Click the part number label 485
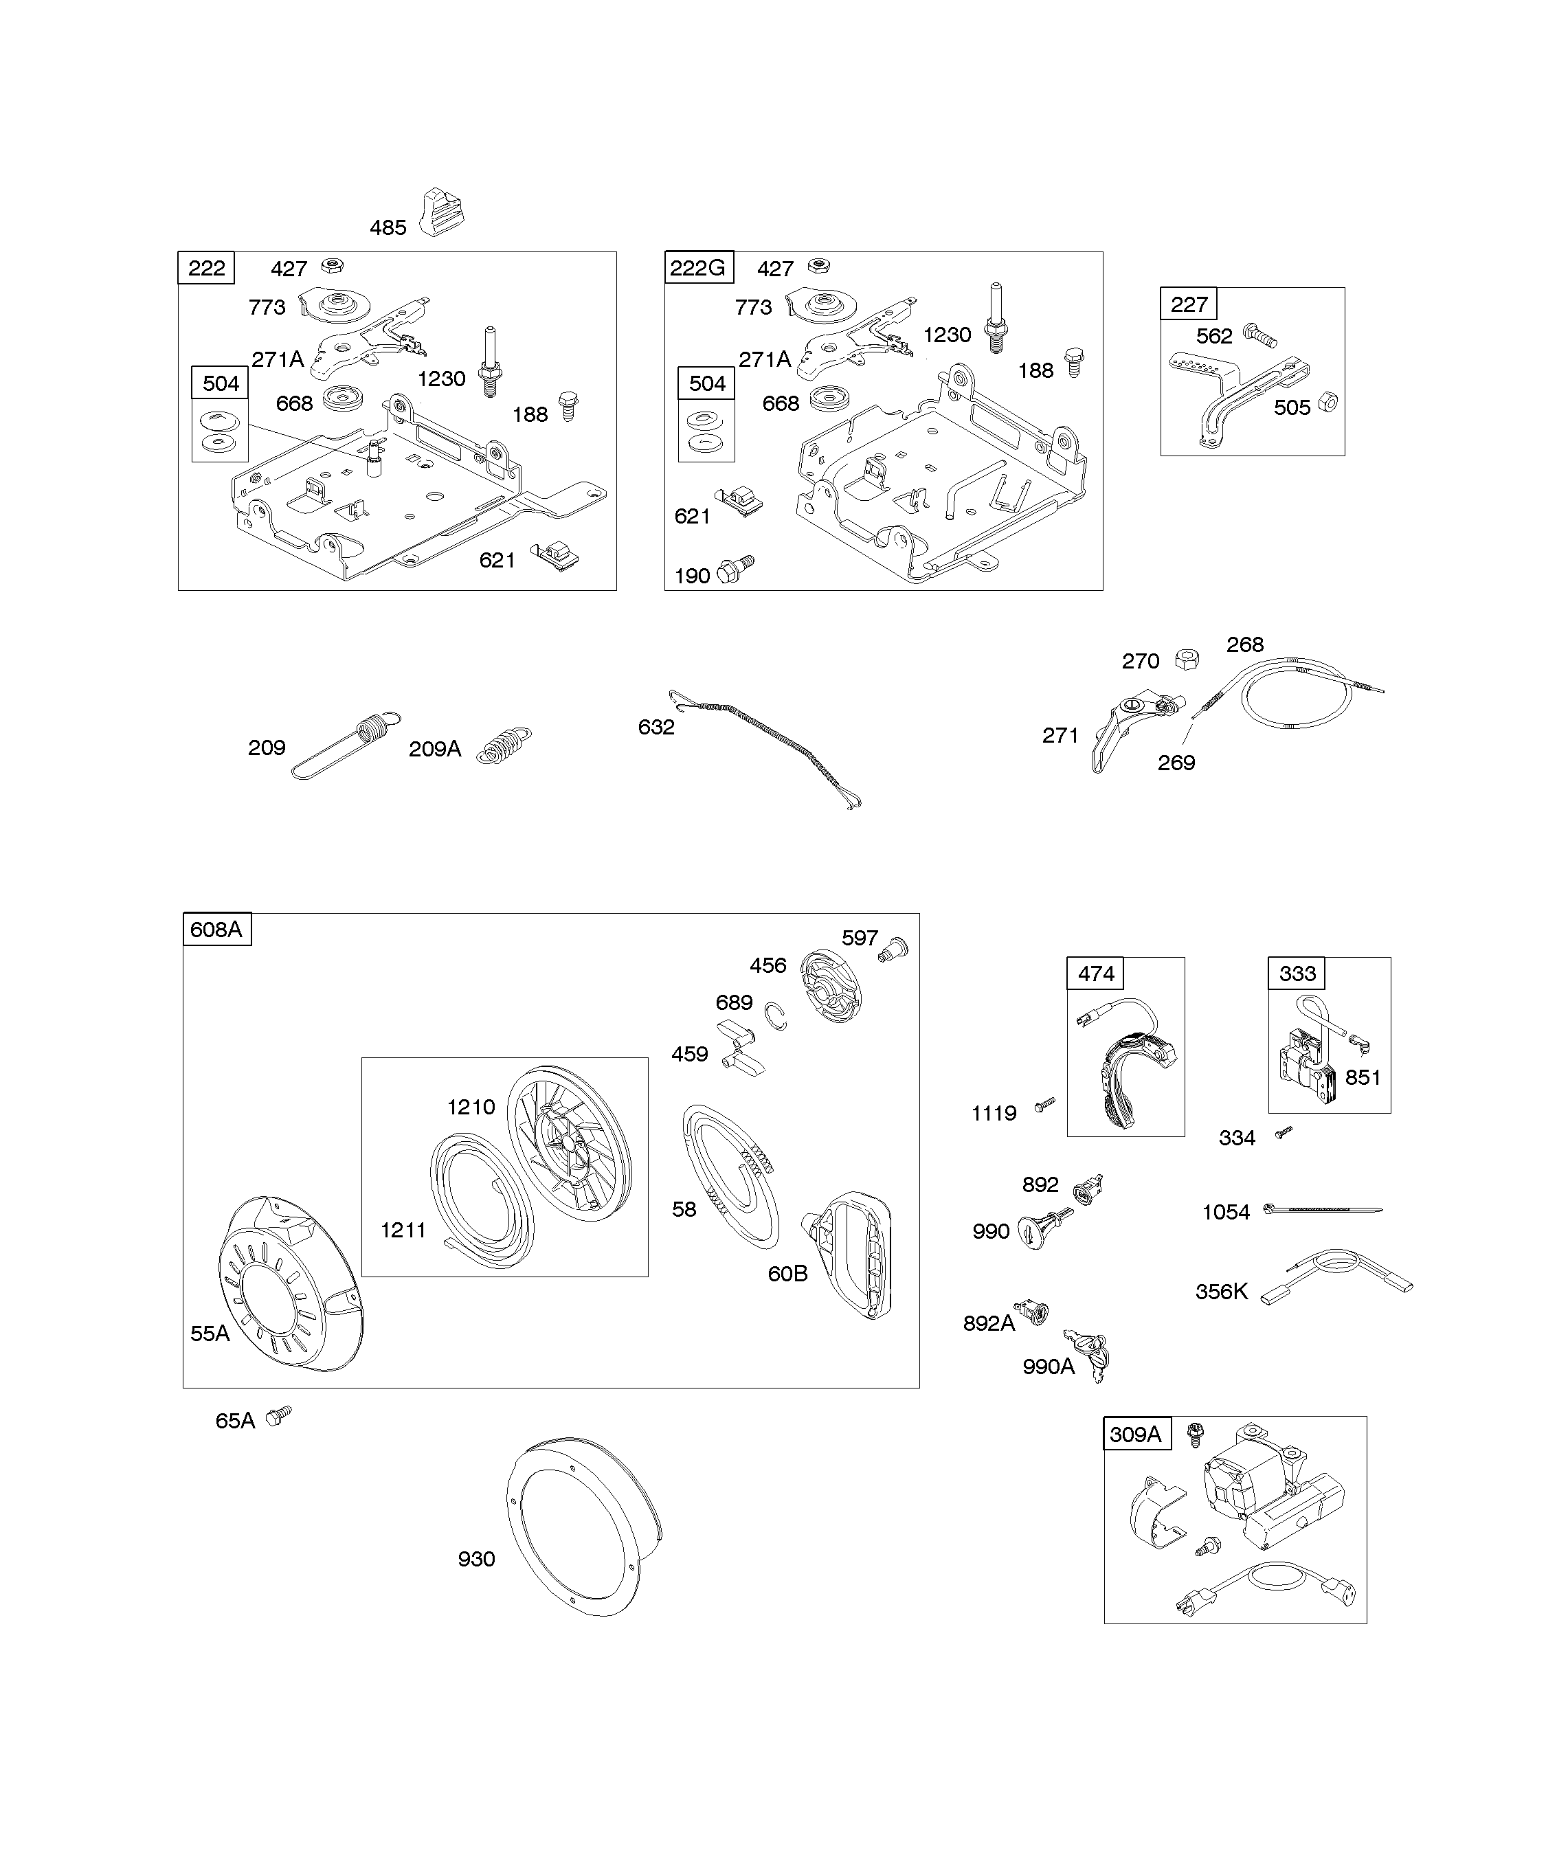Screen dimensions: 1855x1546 [388, 228]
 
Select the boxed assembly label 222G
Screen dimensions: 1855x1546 [698, 268]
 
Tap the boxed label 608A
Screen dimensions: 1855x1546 [216, 930]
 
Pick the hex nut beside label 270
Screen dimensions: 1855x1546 [1187, 659]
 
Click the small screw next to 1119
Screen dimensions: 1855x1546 [1045, 1104]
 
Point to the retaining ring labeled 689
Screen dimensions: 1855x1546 [776, 1017]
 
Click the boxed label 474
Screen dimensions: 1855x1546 [1097, 974]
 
